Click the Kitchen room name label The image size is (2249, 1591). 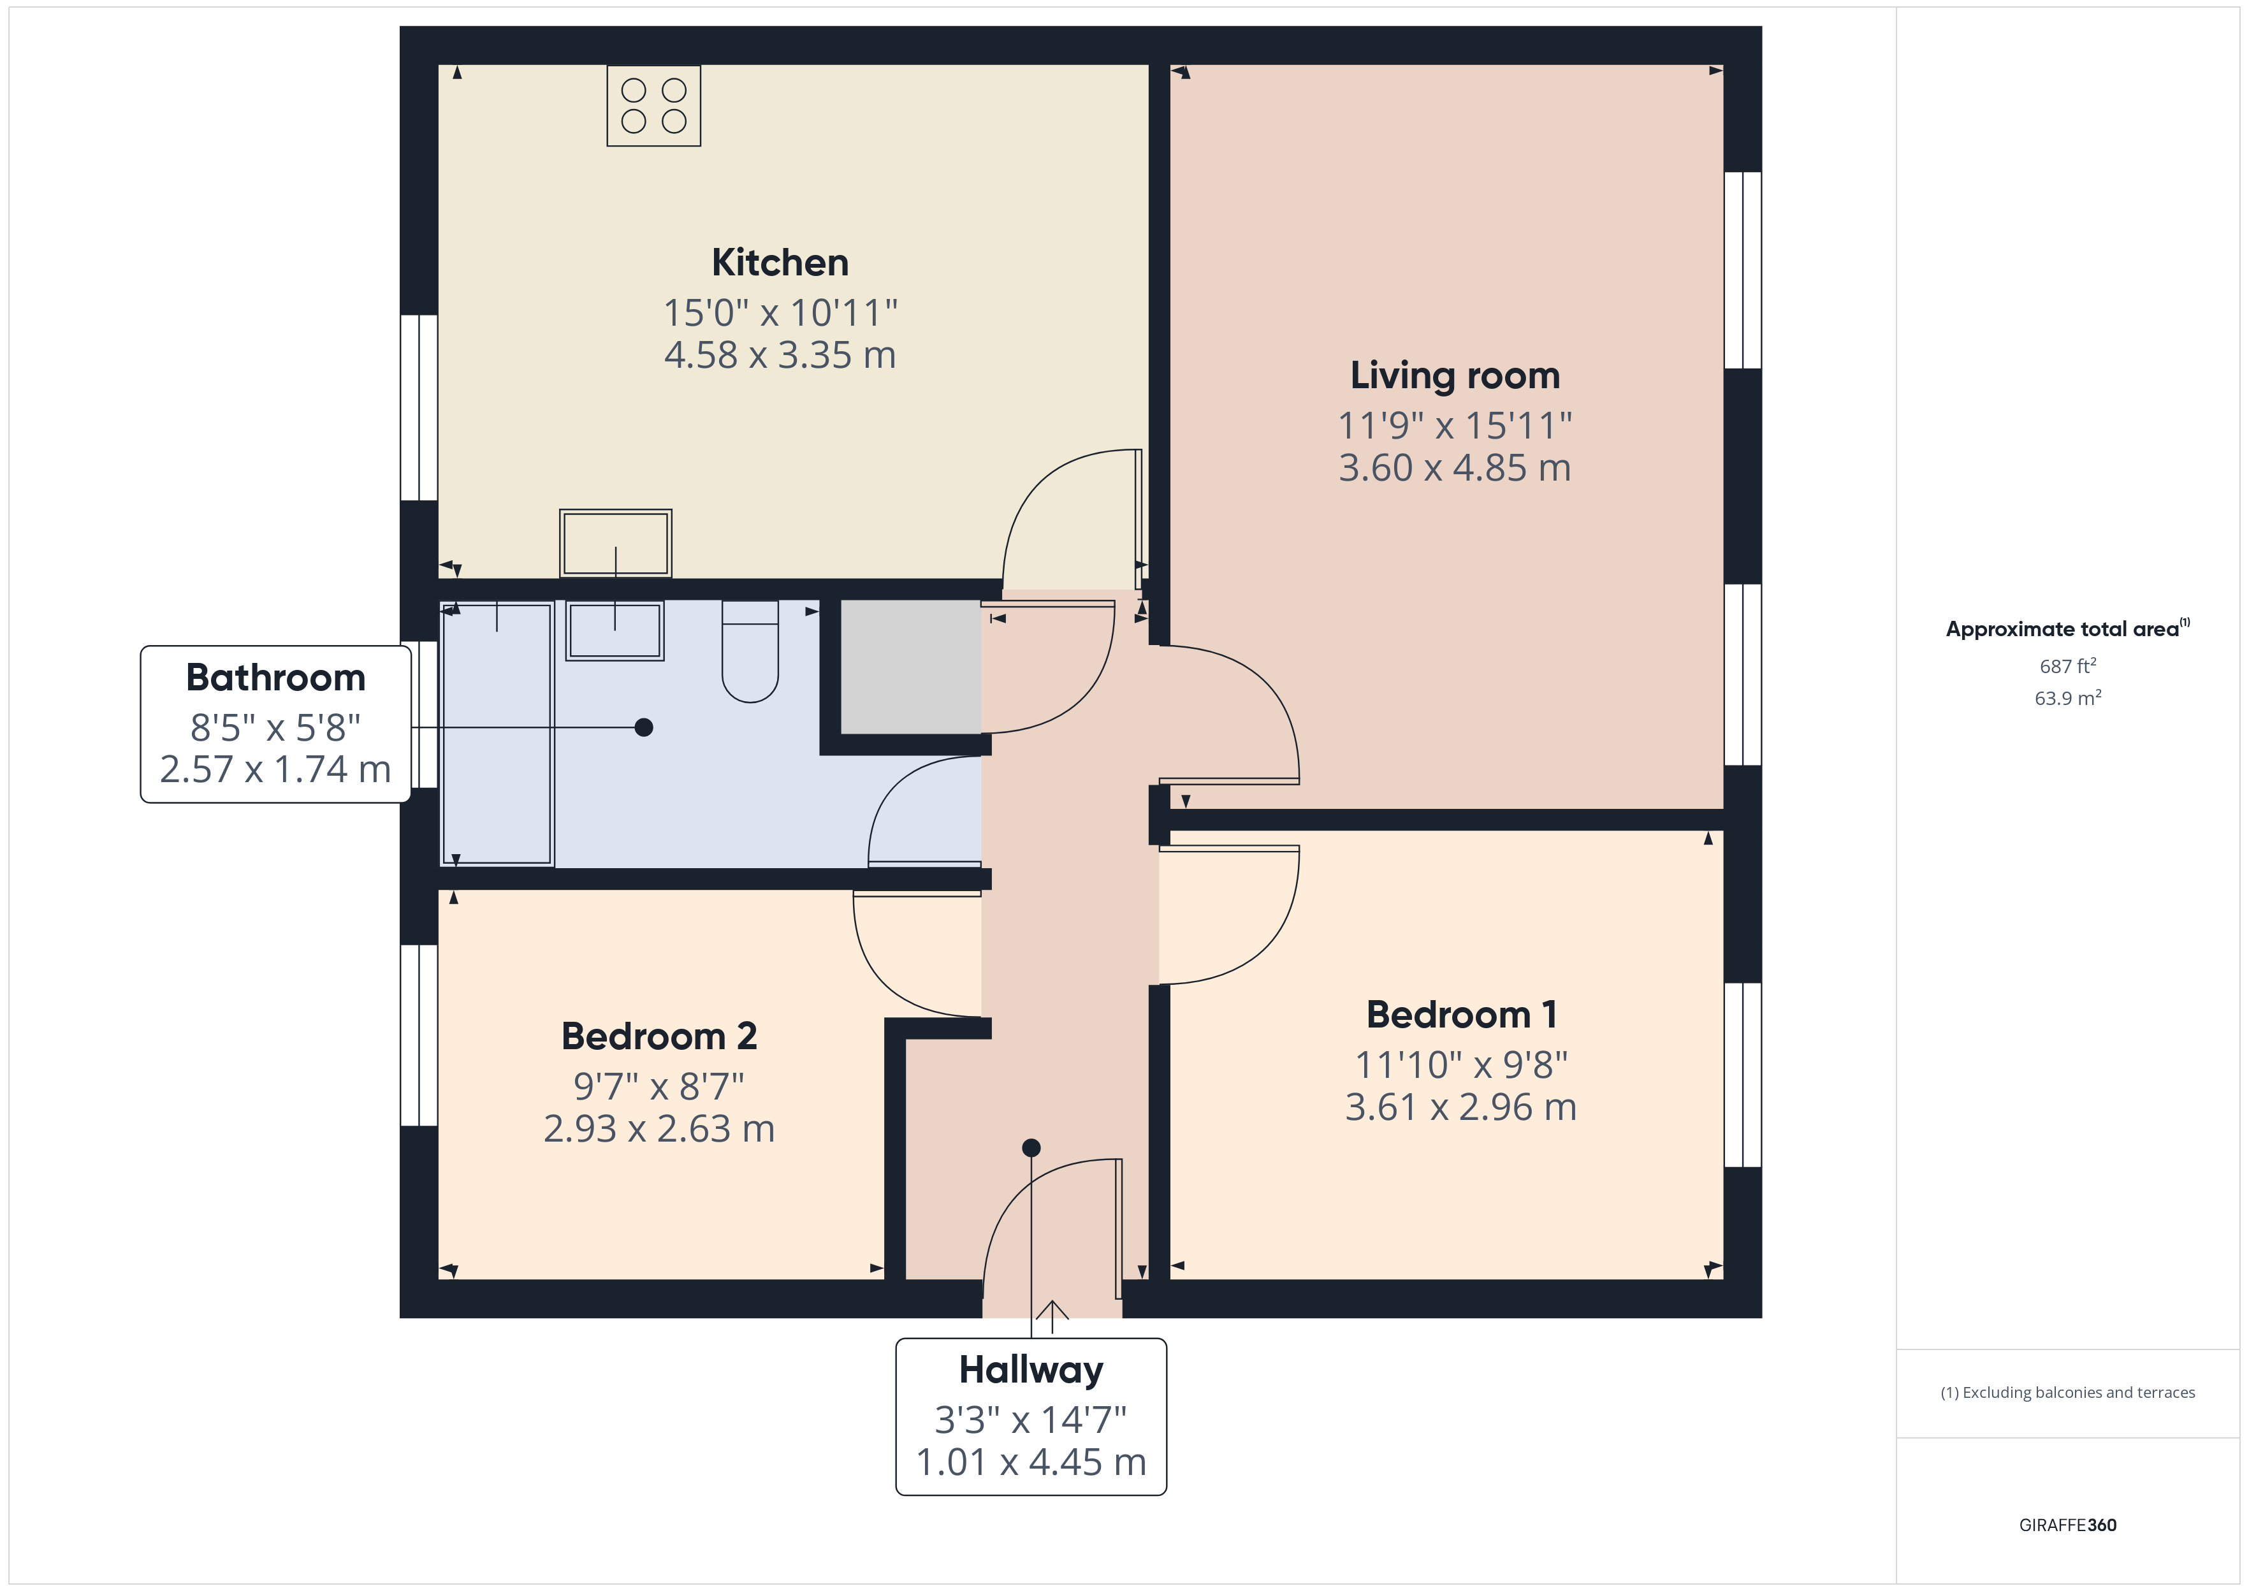coord(780,263)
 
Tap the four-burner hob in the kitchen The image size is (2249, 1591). coord(653,106)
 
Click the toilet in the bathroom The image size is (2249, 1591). coord(750,651)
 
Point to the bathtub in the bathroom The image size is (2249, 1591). coord(498,734)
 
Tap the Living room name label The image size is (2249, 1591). coord(1455,375)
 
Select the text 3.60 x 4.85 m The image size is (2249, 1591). coord(1455,469)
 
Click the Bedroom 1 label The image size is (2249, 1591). coord(1462,1015)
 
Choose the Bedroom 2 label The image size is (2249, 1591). coord(659,1036)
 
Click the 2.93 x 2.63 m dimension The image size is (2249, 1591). coord(659,1130)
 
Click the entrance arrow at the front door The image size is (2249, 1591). coord(1052,1317)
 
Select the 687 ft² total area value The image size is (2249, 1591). coord(2068,666)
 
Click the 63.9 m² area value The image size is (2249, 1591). coord(2068,697)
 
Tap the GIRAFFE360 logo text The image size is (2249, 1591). coord(2068,1525)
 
